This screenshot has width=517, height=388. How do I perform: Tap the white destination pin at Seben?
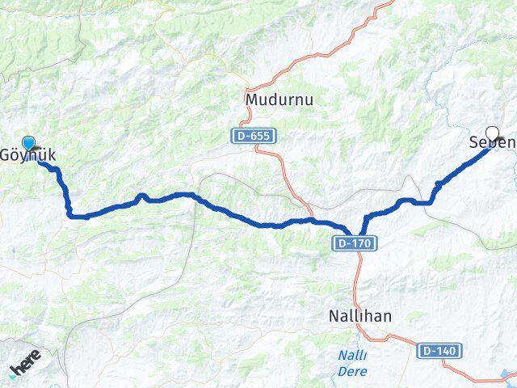coord(492,133)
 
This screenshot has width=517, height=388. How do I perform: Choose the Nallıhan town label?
coord(361,316)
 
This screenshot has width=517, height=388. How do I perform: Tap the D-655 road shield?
coord(253,136)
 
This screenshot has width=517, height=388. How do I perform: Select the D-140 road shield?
coord(436,351)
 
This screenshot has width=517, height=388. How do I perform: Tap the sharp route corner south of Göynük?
coord(69,213)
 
